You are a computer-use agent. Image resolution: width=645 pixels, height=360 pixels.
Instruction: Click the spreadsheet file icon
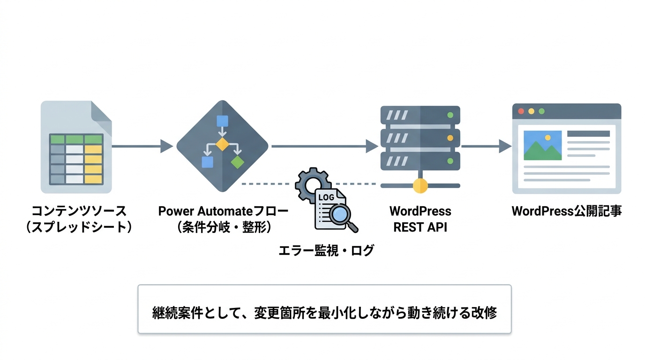click(x=76, y=147)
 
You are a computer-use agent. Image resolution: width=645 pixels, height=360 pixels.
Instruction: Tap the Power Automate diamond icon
click(x=222, y=146)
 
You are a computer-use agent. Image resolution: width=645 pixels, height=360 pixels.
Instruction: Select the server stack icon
click(x=420, y=138)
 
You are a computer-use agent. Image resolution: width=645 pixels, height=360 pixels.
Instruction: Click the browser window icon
click(x=566, y=148)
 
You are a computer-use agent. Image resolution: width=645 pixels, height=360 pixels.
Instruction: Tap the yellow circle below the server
click(x=420, y=185)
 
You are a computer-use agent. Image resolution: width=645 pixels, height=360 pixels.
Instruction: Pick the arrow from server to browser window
click(x=486, y=146)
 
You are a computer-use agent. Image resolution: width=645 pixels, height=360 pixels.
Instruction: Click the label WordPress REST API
click(x=420, y=219)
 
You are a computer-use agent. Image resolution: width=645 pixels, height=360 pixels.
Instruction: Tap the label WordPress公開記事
click(x=566, y=211)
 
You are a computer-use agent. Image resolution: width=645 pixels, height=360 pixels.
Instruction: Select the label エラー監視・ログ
click(x=326, y=250)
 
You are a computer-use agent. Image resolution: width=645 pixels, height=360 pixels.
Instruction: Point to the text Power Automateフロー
click(x=223, y=211)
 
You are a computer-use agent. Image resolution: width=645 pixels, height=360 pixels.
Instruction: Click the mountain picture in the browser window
click(x=542, y=145)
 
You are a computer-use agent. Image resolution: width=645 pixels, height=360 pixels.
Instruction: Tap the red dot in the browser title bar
click(x=520, y=112)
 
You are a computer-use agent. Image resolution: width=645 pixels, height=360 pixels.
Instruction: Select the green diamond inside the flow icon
click(x=238, y=162)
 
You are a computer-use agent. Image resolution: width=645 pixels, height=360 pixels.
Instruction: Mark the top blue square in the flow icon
click(x=222, y=121)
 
